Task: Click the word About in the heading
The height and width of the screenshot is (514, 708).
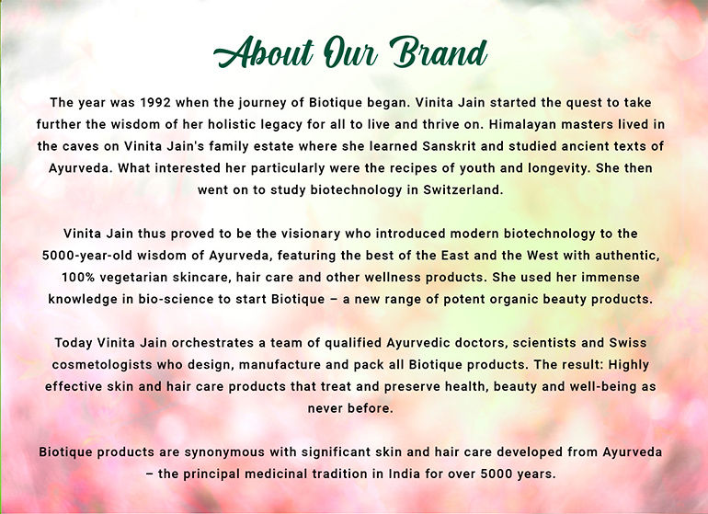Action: [263, 52]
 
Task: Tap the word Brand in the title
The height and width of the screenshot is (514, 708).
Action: [439, 52]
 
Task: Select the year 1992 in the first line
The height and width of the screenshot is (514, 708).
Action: [155, 103]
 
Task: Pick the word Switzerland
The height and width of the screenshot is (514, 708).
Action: [462, 189]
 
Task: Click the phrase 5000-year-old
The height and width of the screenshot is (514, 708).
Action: [86, 256]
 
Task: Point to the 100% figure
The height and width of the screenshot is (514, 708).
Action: [78, 278]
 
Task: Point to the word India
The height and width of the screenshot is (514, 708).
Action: [395, 474]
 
